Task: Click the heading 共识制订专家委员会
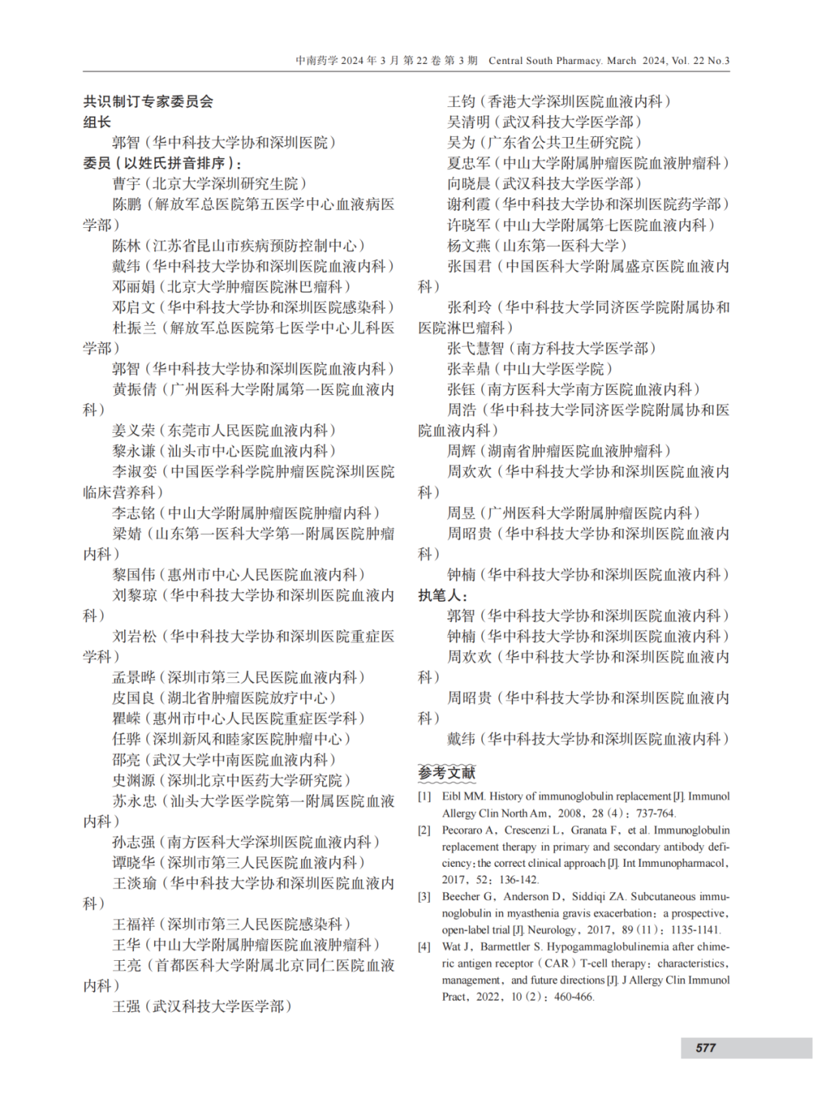(148, 102)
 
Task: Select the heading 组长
(97, 122)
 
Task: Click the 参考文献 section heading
(447, 773)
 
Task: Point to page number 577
(705, 1047)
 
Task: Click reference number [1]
(425, 796)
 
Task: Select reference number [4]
(425, 947)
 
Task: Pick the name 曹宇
(126, 184)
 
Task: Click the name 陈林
(126, 245)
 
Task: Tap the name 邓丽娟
(134, 287)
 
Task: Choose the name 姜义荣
(134, 430)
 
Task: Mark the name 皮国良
(134, 697)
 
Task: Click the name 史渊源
(134, 780)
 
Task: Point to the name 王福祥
(134, 924)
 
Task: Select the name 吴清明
(468, 122)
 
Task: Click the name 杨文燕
(468, 245)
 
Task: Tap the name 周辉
(461, 451)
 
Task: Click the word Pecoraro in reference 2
(465, 830)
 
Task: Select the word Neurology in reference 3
(553, 930)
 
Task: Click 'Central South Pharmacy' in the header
(545, 61)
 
